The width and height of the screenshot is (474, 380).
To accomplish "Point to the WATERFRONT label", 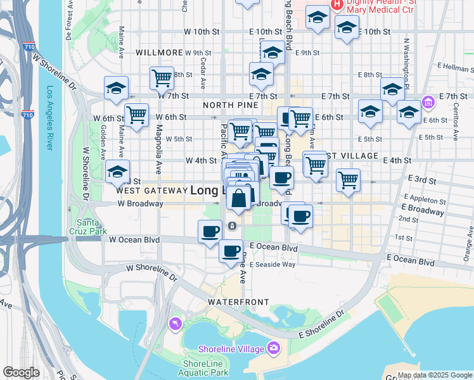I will (245, 302).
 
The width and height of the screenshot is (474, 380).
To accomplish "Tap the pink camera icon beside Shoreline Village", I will (274, 347).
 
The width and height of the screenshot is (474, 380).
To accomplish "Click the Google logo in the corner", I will (22, 372).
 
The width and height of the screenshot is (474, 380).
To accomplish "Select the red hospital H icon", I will (337, 6).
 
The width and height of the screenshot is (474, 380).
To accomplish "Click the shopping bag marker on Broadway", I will (238, 199).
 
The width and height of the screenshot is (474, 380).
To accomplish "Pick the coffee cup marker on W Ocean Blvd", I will (210, 232).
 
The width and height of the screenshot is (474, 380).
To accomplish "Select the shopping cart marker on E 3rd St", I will (348, 180).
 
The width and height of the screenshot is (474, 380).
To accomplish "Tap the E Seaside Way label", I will (272, 265).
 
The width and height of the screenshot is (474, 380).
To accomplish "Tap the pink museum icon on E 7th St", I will (428, 101).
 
